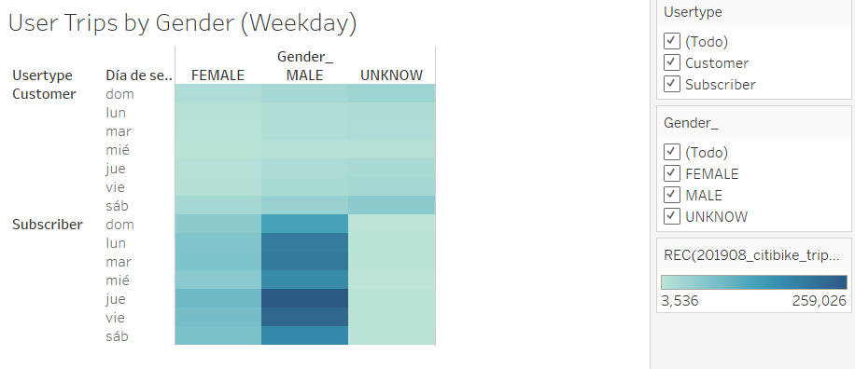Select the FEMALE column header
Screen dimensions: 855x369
(217, 75)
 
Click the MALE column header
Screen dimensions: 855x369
(305, 75)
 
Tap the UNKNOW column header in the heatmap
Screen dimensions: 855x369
(391, 75)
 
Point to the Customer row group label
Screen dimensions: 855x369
(44, 93)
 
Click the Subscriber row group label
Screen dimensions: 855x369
(48, 225)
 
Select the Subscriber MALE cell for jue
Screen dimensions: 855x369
(305, 298)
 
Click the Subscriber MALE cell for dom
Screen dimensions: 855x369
(305, 224)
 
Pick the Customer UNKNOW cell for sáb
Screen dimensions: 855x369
(391, 205)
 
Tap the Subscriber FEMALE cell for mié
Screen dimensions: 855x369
(218, 280)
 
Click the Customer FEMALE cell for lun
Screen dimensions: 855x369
(218, 112)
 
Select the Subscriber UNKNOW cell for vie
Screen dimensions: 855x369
(391, 317)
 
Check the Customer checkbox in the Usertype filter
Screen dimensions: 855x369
(672, 62)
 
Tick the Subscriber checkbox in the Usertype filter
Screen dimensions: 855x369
(672, 85)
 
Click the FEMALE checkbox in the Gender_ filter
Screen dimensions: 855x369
(672, 173)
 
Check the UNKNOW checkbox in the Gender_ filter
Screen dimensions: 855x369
(672, 216)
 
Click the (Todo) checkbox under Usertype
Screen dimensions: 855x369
(672, 41)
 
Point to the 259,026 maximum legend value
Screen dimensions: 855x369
(819, 301)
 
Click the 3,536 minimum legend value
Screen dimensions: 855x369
(680, 301)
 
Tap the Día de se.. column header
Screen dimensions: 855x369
(139, 75)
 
